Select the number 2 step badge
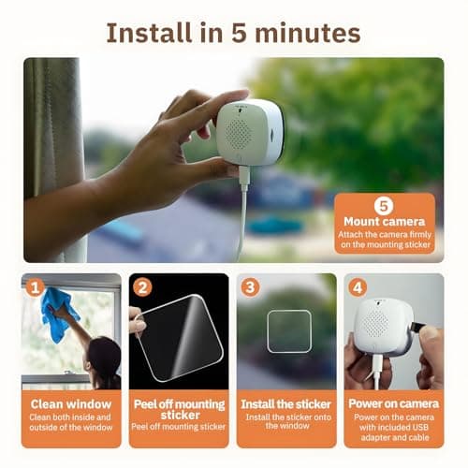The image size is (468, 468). click(x=143, y=287)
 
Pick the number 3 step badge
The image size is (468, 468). click(x=250, y=287)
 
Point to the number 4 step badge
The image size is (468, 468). click(x=357, y=287)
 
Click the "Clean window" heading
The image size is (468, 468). click(x=71, y=404)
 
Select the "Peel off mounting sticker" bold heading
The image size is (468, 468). click(x=178, y=409)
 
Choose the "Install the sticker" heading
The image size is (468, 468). click(x=284, y=404)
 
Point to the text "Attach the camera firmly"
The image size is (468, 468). click(x=383, y=238)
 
